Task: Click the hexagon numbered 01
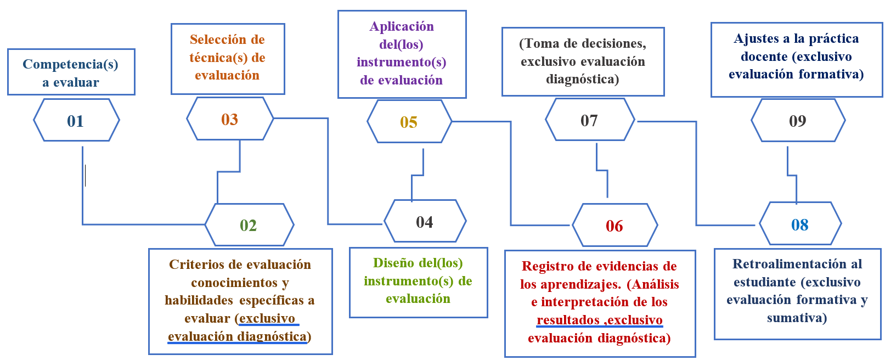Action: (x=76, y=121)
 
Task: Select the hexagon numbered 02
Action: (x=249, y=225)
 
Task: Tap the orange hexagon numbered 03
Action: (x=230, y=119)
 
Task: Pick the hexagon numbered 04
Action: (x=425, y=222)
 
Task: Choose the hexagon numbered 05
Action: (x=409, y=122)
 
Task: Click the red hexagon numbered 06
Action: (x=615, y=226)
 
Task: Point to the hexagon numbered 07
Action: (x=590, y=120)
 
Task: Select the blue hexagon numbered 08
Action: (x=800, y=224)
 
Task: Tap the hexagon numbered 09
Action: (x=798, y=121)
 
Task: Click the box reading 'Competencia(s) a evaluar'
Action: (x=71, y=72)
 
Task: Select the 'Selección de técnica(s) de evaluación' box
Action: (x=227, y=58)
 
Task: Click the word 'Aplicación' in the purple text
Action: (x=402, y=26)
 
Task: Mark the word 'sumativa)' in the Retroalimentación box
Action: (x=797, y=318)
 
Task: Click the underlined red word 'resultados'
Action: (x=568, y=320)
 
